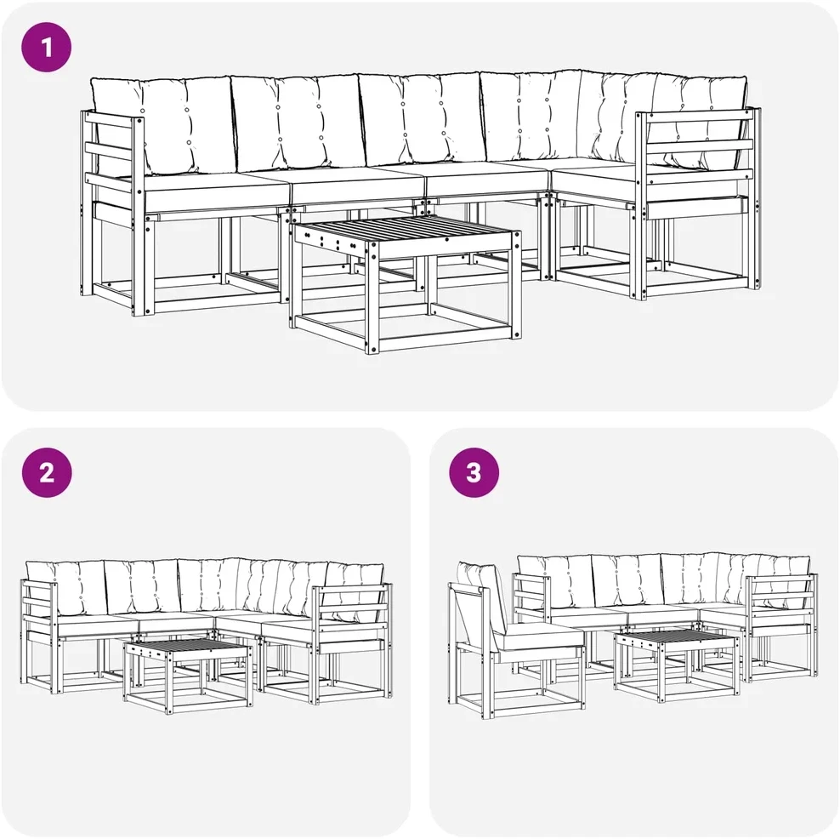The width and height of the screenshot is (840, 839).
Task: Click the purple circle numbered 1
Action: [x=46, y=47]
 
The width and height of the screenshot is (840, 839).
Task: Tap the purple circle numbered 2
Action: [x=47, y=472]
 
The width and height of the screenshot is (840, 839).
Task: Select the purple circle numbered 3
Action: [x=474, y=472]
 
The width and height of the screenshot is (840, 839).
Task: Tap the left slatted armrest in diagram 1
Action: [x=112, y=161]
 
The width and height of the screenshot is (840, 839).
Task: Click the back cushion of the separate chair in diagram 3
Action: [x=483, y=595]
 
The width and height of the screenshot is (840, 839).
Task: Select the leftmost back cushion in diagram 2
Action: [x=65, y=588]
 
